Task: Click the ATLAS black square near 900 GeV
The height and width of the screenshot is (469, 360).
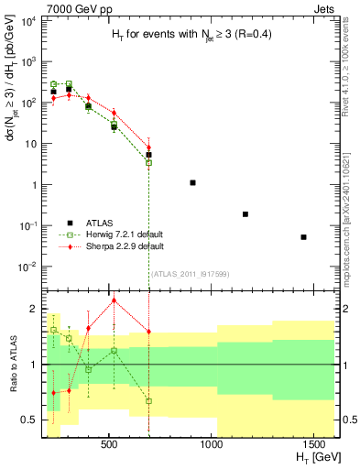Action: pyautogui.click(x=192, y=183)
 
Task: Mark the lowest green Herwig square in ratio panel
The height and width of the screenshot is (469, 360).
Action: pyautogui.click(x=148, y=401)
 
